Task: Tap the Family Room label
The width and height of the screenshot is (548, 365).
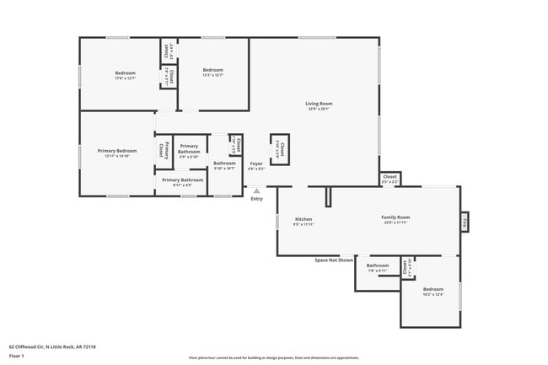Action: tap(396, 219)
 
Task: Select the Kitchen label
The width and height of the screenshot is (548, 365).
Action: tap(303, 219)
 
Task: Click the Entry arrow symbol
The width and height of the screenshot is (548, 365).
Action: tap(256, 191)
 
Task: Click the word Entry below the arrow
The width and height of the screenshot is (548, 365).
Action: tap(256, 199)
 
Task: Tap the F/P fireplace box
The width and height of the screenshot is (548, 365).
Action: tap(465, 223)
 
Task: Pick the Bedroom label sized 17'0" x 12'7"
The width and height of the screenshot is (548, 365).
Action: tap(126, 73)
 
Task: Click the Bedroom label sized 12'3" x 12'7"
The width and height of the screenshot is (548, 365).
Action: tap(212, 70)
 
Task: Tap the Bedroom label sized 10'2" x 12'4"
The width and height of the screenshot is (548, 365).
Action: tap(432, 291)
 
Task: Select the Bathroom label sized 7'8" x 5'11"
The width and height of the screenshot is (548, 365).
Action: tap(378, 266)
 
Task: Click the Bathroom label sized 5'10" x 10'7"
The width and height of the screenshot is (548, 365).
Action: tap(224, 164)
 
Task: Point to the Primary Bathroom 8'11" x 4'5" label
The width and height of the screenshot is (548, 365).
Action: tap(182, 180)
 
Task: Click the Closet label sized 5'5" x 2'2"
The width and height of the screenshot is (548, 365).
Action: tap(390, 179)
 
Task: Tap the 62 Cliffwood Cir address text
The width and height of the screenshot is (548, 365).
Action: tap(52, 346)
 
